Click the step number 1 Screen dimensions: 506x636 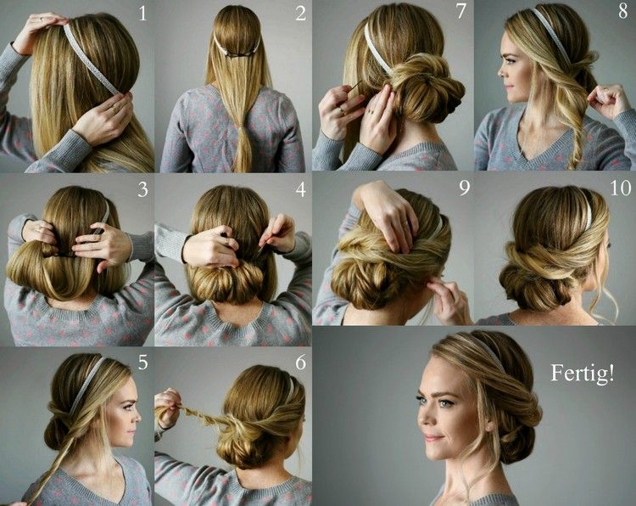[x=142, y=14]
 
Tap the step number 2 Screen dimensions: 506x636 [x=299, y=14]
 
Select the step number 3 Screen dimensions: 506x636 [x=142, y=188]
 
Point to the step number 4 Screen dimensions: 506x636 [x=299, y=188]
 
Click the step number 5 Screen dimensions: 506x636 [x=142, y=363]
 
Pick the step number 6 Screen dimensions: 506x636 [x=299, y=363]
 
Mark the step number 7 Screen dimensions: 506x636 [x=460, y=14]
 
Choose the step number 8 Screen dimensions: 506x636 [x=622, y=14]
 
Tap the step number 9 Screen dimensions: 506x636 [x=463, y=188]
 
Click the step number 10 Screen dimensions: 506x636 [x=618, y=188]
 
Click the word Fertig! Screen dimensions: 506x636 [x=581, y=374]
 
